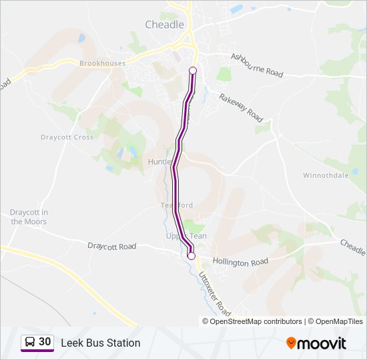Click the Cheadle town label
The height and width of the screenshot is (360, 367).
tap(164, 25)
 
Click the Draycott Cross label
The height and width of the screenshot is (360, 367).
tap(67, 137)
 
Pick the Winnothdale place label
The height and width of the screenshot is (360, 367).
tap(326, 176)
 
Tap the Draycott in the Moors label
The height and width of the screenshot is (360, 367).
tap(29, 217)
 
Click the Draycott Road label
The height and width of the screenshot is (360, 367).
tap(111, 246)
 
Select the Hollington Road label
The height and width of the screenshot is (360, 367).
tap(240, 262)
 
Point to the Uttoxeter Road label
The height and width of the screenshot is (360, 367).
tap(215, 293)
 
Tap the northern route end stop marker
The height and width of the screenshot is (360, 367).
tap(193, 71)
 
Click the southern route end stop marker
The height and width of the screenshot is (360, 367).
tap(192, 256)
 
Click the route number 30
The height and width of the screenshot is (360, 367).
tap(45, 342)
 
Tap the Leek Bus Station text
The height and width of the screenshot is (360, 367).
tap(101, 343)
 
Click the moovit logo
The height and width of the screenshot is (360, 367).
tap(316, 343)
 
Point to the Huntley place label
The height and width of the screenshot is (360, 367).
tap(160, 162)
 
